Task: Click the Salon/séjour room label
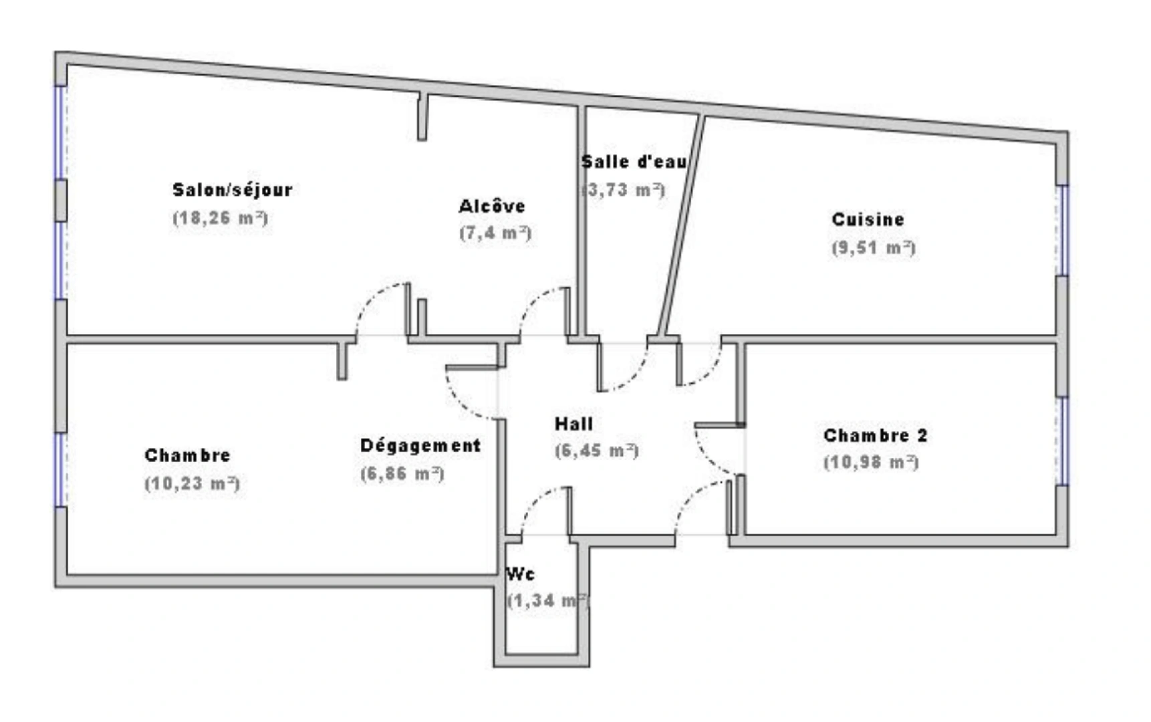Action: coord(232,191)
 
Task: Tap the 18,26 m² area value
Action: coord(220,219)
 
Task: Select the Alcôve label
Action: coord(491,207)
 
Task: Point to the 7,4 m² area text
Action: coord(495,233)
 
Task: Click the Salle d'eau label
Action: coord(634,162)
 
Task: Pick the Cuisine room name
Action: coord(868,219)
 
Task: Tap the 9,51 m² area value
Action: coord(873,248)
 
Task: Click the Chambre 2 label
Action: coord(875,436)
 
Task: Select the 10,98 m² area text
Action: coord(871,463)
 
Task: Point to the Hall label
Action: coord(573,424)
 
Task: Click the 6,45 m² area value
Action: coord(596,451)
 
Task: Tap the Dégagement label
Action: coord(420,446)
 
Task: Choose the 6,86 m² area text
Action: coord(402,474)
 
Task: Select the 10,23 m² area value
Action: coord(192,483)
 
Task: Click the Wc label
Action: coord(520,574)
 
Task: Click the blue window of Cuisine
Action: coord(1062,231)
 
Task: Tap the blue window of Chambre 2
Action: coord(1062,441)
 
